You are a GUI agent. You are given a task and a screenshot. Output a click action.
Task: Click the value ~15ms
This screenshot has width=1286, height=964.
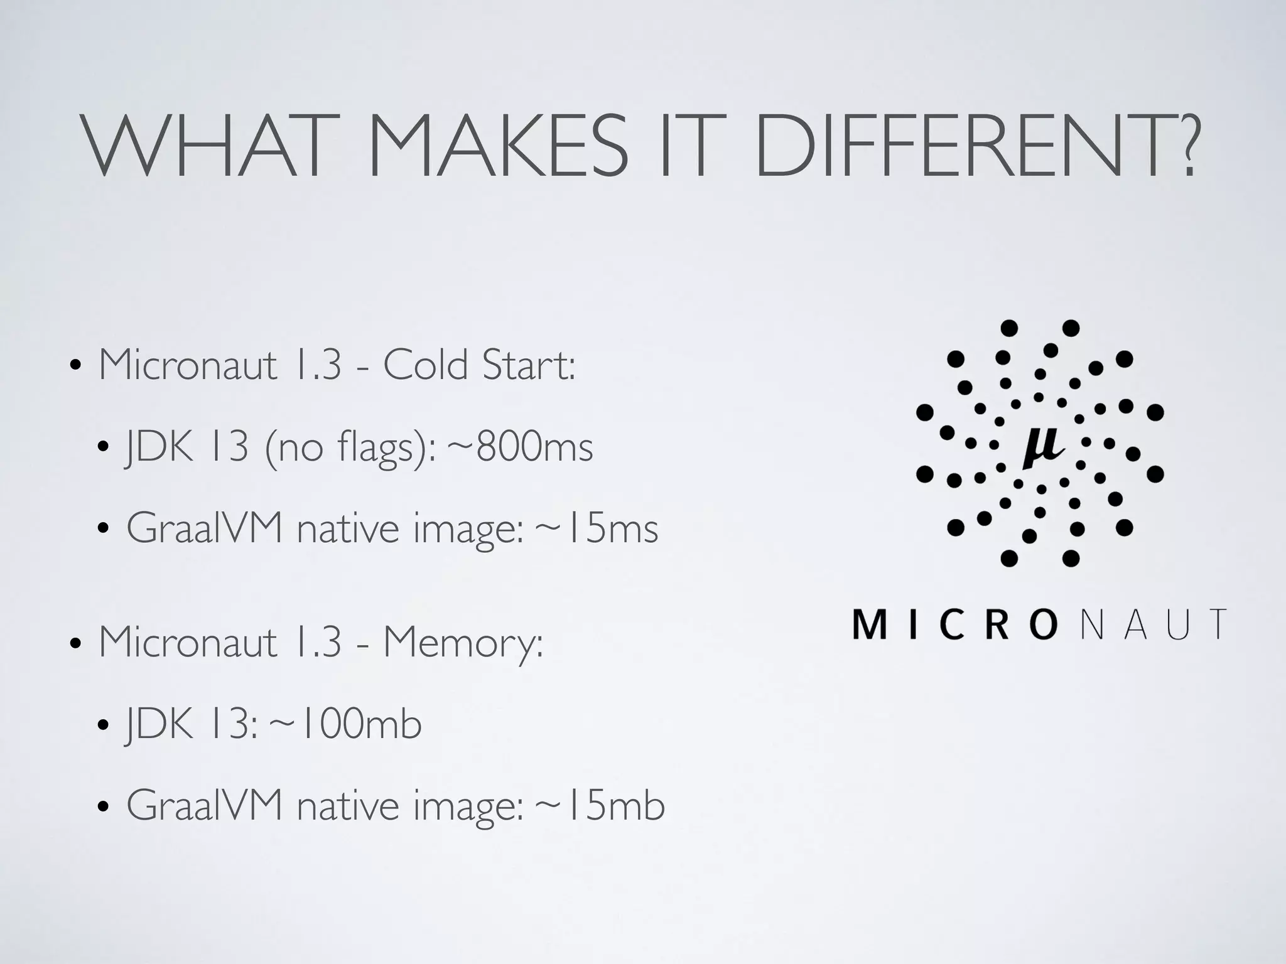tap(596, 529)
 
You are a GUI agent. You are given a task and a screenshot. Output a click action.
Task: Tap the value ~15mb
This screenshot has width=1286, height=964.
tap(599, 805)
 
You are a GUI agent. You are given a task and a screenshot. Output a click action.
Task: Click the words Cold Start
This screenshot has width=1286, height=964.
tap(478, 365)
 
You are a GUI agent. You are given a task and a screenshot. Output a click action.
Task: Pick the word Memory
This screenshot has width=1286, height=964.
tap(463, 643)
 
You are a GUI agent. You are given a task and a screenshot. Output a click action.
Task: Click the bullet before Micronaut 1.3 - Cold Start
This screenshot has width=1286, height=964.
tap(75, 367)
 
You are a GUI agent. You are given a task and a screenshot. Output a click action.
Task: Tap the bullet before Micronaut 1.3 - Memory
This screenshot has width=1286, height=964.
tap(75, 645)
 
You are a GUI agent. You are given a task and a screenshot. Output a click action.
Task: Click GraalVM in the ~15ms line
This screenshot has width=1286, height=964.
tap(205, 529)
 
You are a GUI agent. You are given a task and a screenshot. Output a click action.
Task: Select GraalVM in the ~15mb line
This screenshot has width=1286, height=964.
tap(205, 805)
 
